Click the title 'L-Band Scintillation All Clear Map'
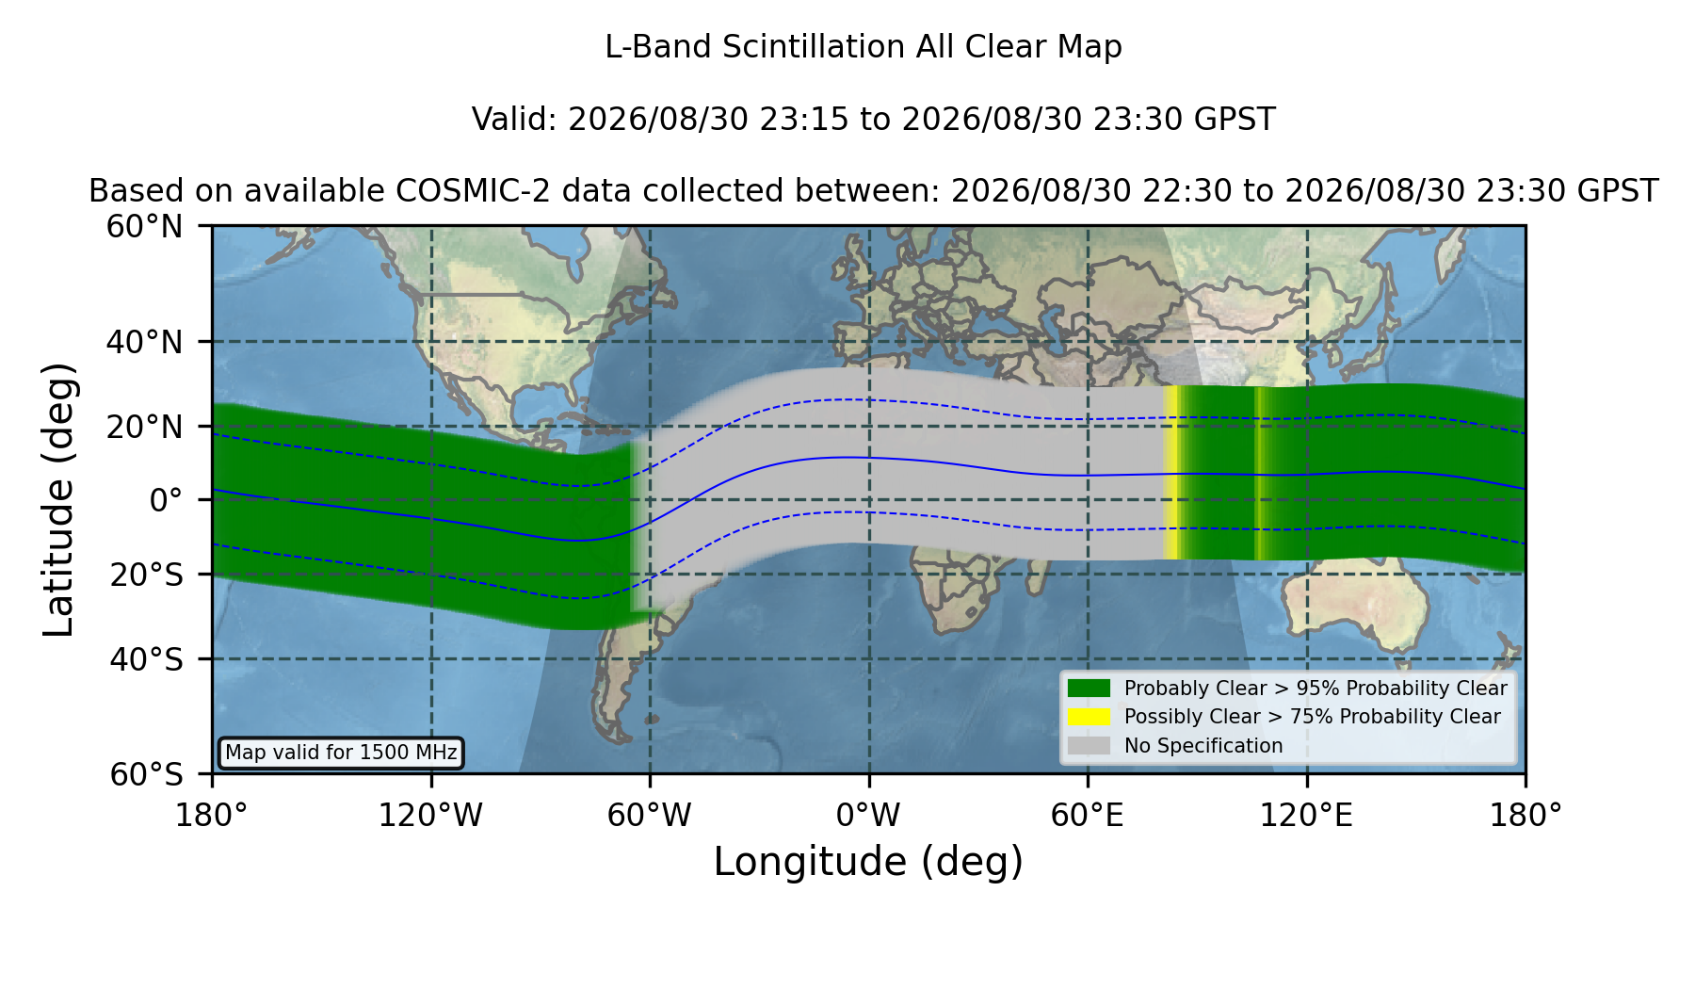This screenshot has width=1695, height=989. click(x=863, y=47)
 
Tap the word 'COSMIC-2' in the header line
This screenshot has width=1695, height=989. click(x=459, y=191)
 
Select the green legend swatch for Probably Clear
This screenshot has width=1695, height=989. click(x=1090, y=689)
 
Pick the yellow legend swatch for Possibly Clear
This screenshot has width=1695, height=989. click(x=1090, y=717)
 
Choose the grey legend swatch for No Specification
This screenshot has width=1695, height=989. click(x=1090, y=746)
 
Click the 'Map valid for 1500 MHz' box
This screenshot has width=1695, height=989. click(x=341, y=753)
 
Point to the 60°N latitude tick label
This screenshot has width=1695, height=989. click(x=145, y=226)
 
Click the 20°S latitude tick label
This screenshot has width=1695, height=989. click(x=147, y=575)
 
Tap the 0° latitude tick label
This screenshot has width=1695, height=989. click(x=167, y=500)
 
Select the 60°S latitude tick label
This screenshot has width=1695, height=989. click(x=147, y=774)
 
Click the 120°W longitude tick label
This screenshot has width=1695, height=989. click(x=430, y=816)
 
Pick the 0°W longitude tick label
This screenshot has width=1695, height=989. click(x=868, y=816)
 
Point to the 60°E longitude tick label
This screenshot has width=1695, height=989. click(x=1088, y=816)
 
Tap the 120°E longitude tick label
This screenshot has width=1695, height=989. click(x=1306, y=816)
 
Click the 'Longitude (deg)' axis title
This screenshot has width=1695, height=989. click(x=868, y=862)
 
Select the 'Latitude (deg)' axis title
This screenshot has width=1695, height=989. click(x=58, y=499)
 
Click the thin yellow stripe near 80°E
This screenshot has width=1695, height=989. click(x=1172, y=473)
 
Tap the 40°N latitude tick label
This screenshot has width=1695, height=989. click(x=145, y=342)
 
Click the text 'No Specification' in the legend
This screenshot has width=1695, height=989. click(x=1203, y=746)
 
